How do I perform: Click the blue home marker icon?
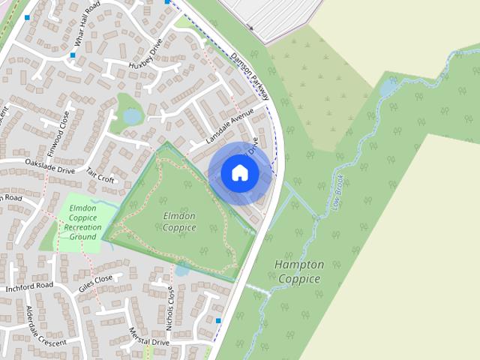point(240,173)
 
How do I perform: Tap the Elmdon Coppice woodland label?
point(179,221)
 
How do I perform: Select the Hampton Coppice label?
point(299,272)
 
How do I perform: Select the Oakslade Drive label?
point(50,166)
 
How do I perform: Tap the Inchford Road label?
point(29,286)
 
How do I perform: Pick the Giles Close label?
point(95,283)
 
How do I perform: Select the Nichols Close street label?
point(170,308)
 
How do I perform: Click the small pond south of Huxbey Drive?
point(132,117)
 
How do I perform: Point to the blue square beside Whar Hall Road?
point(73,55)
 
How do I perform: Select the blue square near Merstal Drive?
point(218,321)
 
